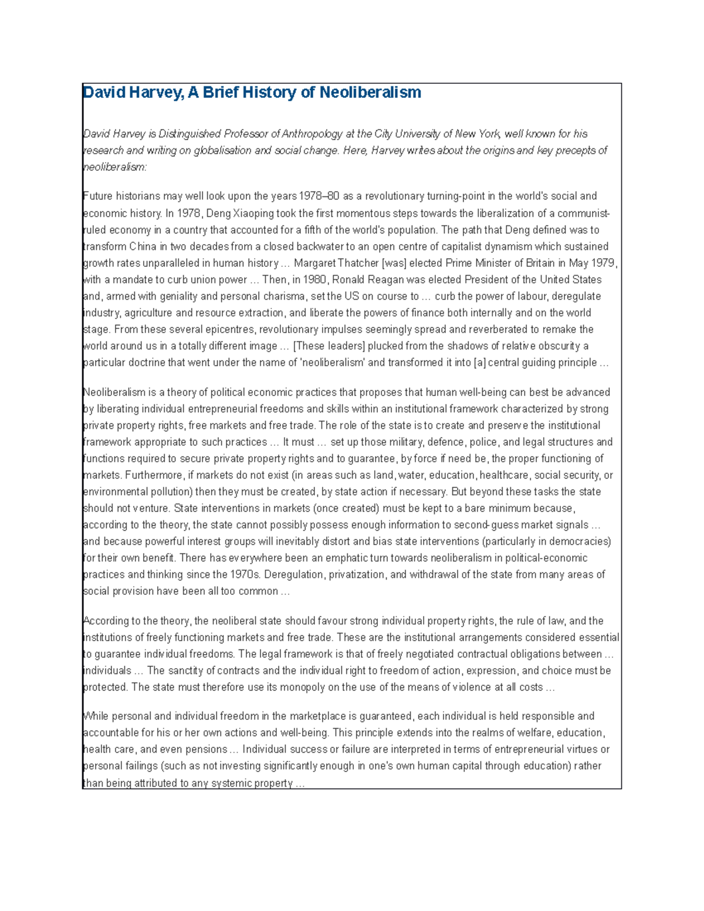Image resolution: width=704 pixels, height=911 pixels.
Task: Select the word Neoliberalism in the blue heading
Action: coord(370,93)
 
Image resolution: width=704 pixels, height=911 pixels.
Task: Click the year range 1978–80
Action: coord(319,196)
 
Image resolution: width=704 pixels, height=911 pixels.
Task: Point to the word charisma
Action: coord(285,296)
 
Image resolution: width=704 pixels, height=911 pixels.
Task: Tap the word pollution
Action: coord(170,492)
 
